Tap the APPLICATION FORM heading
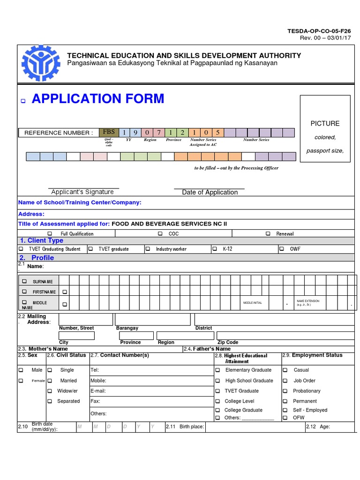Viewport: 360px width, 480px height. pos(98,99)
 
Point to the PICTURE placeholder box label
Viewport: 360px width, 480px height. pos(325,123)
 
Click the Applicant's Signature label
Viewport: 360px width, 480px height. pos(82,192)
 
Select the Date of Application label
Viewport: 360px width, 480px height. pos(210,192)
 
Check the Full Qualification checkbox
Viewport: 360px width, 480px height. pos(50,233)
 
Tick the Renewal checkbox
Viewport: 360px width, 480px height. pos(268,233)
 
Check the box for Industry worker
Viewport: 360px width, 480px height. pos(148,249)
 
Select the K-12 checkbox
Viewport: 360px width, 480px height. pos(215,249)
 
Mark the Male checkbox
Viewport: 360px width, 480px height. pos(21,370)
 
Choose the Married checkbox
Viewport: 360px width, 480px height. pos(50,381)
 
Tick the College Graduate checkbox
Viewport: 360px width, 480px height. pos(217,410)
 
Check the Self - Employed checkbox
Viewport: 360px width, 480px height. pos(285,410)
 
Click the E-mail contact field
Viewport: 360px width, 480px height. pos(150,390)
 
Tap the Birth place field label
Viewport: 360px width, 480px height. pos(192,427)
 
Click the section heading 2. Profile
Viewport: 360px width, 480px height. pos(37,258)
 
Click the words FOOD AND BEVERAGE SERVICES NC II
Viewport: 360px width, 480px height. pos(169,224)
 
